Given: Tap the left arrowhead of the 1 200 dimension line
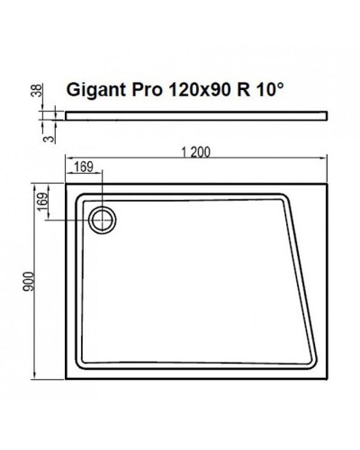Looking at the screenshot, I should pos(69,162).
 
